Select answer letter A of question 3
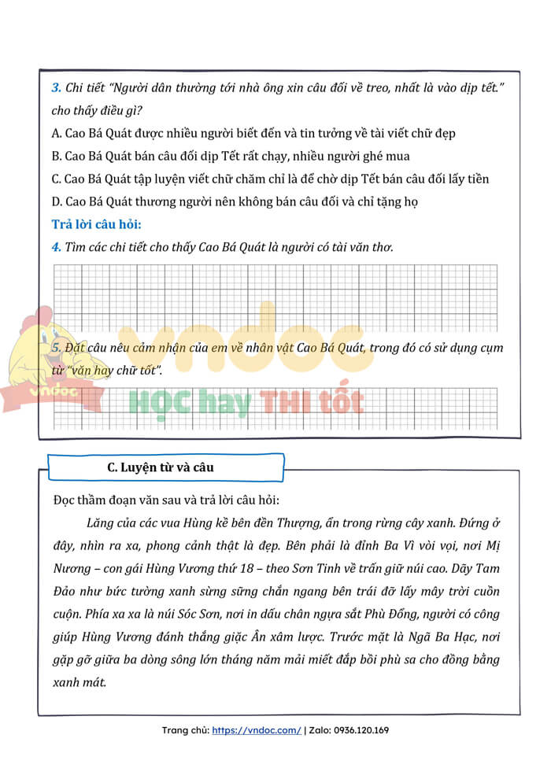[x=56, y=134]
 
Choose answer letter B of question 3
[x=56, y=156]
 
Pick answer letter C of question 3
[x=56, y=179]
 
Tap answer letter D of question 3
[x=56, y=201]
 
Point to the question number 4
[x=55, y=247]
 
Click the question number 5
[x=55, y=348]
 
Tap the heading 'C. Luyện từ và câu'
[x=161, y=467]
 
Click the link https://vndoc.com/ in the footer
[x=257, y=730]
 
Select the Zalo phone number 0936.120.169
[x=361, y=730]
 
